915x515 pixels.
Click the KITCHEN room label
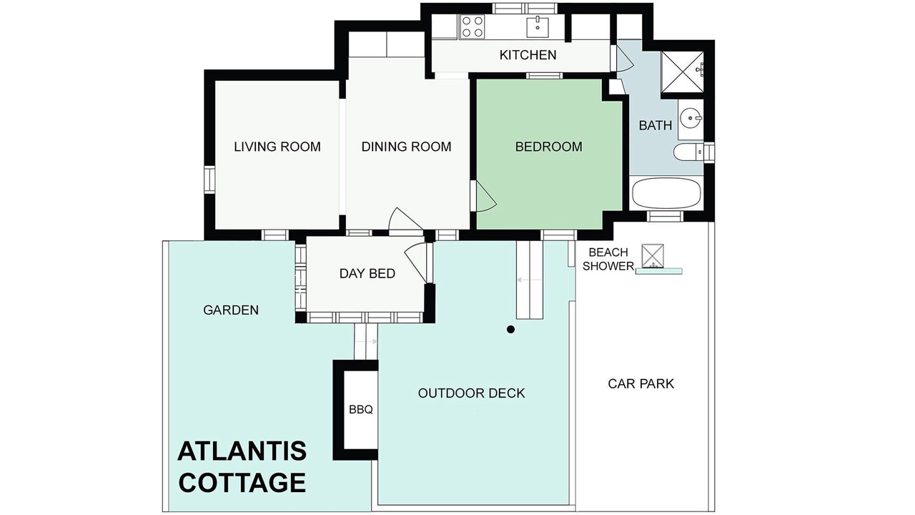click(528, 55)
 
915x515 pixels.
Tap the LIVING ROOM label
click(277, 147)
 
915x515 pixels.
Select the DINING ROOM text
click(407, 147)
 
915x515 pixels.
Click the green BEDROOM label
click(548, 147)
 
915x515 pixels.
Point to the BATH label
click(656, 125)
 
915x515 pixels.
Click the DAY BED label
click(367, 273)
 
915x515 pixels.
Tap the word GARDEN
click(231, 310)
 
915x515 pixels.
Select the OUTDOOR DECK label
click(471, 393)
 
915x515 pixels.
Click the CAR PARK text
click(641, 384)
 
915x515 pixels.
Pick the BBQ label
click(361, 410)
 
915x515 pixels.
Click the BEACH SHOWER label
click(608, 259)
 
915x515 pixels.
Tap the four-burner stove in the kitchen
click(473, 26)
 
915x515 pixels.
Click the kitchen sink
click(537, 27)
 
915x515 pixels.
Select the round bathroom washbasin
click(691, 119)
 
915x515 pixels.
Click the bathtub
click(666, 193)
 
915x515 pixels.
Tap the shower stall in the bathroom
click(682, 72)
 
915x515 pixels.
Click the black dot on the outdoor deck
click(510, 329)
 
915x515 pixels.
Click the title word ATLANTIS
click(242, 451)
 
